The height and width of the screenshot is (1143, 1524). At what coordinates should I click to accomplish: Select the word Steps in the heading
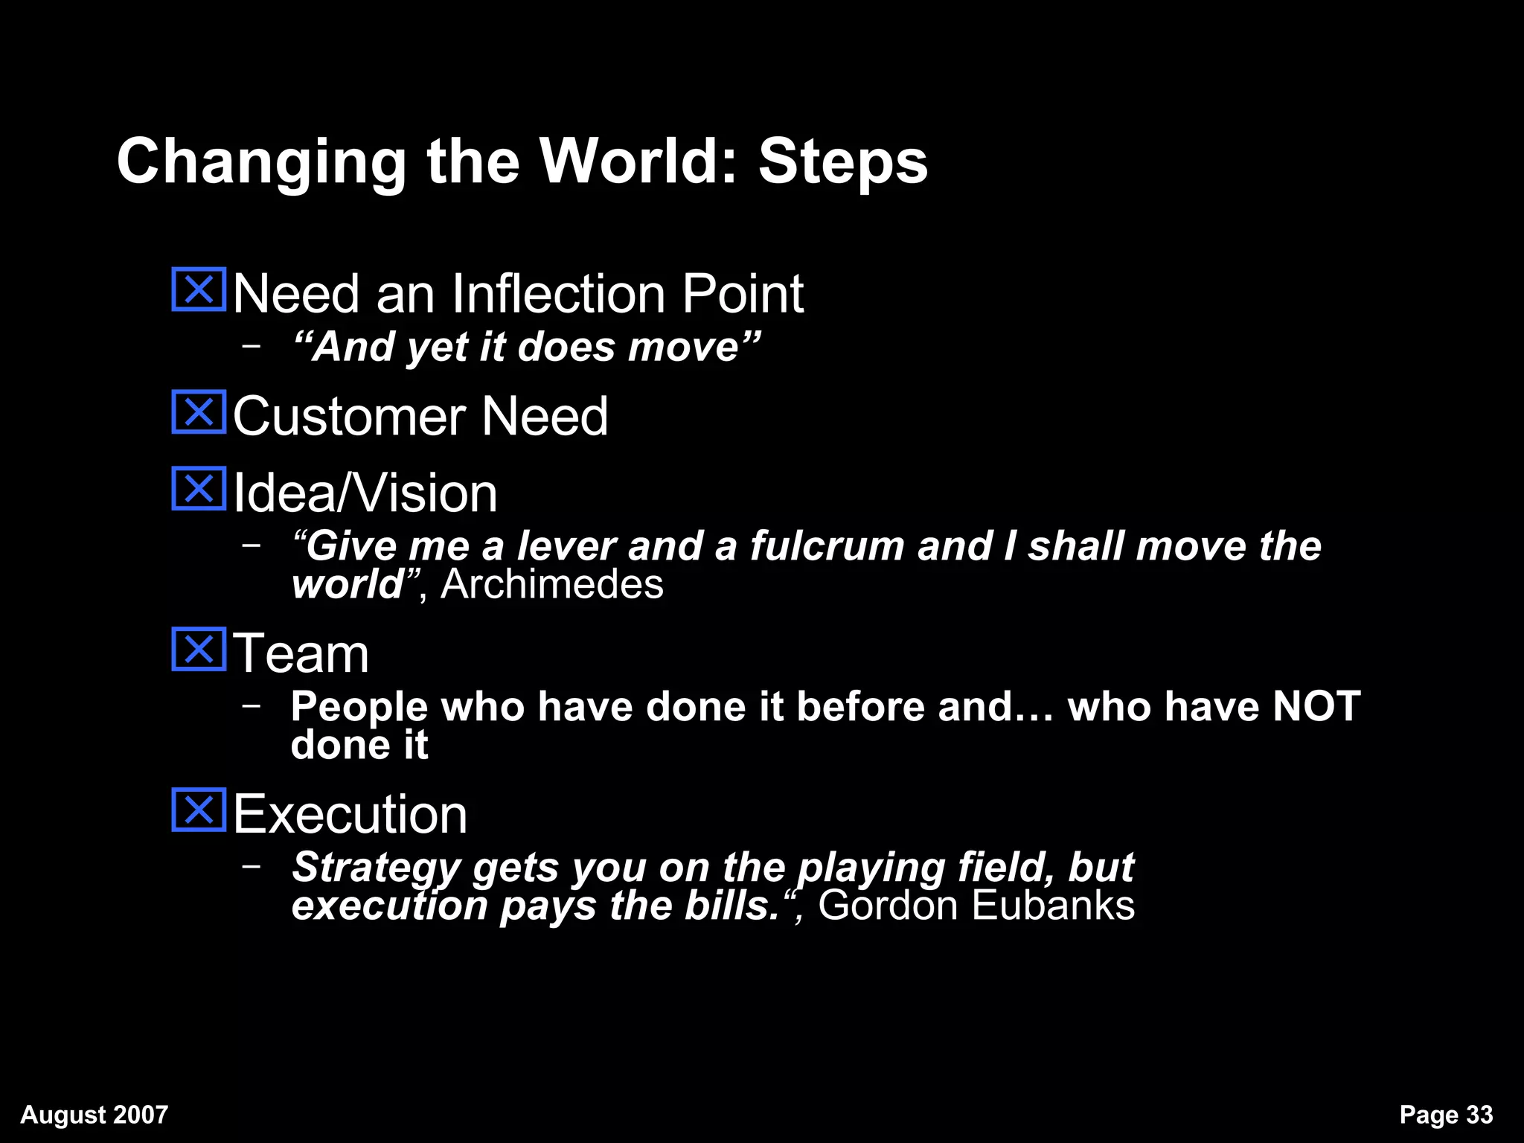pos(843,162)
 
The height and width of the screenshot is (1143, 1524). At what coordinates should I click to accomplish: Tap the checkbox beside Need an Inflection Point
pos(199,289)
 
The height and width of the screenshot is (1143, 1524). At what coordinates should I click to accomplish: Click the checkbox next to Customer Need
pos(199,412)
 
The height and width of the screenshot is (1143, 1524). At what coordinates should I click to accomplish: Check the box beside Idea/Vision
pos(199,489)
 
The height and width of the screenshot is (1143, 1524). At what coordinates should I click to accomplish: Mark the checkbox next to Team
pos(199,650)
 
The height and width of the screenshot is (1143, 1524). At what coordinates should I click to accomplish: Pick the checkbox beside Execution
pos(199,810)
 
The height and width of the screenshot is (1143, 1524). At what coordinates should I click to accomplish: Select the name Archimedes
pos(551,584)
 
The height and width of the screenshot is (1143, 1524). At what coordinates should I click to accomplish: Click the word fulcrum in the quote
pos(827,545)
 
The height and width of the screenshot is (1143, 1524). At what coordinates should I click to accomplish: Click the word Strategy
pos(377,868)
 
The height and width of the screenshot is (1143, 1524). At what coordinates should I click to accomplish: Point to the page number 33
pos(1479,1114)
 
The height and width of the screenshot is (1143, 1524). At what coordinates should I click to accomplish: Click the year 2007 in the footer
pos(141,1114)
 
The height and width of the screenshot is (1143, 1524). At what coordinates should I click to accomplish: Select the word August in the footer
pos(63,1115)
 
